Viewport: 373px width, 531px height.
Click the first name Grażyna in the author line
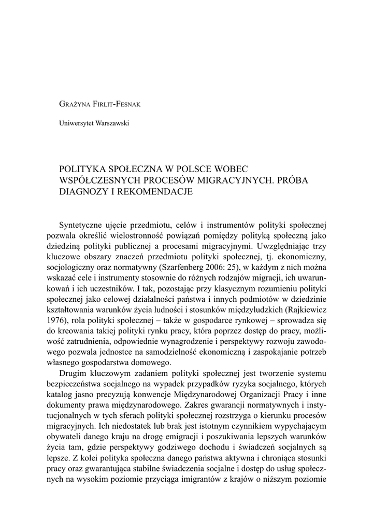pos(76,104)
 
